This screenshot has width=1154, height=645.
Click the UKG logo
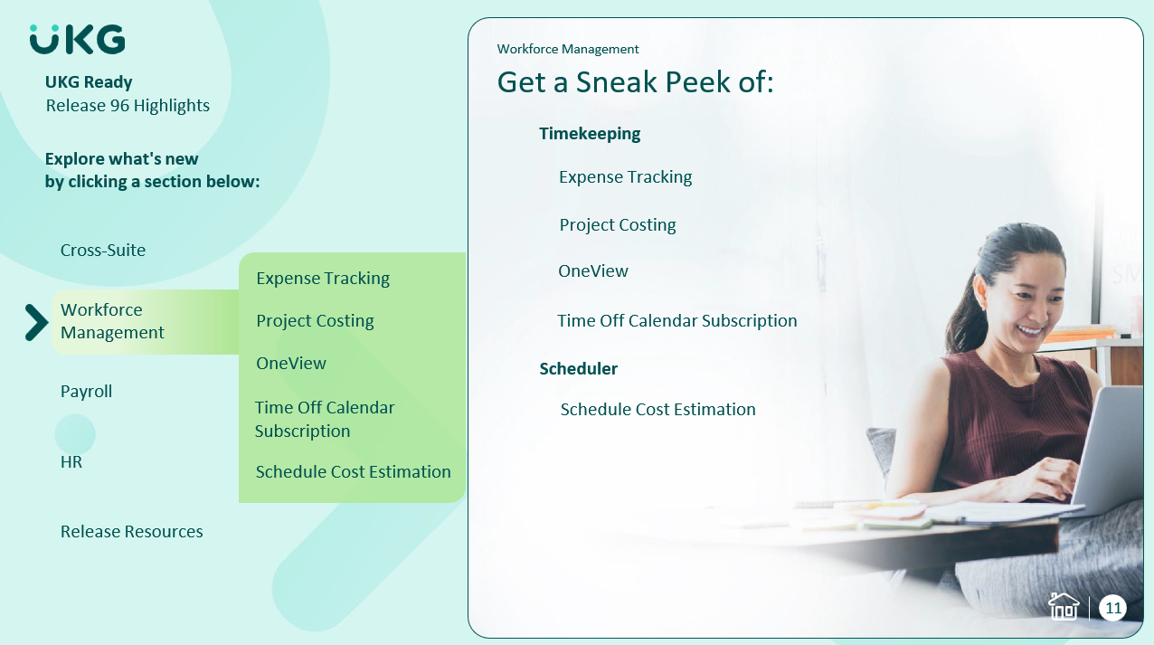tap(77, 39)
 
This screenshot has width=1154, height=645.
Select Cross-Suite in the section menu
tap(103, 250)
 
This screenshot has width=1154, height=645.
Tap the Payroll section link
tap(86, 392)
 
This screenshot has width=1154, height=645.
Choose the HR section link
tap(71, 461)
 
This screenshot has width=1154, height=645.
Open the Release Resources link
tap(131, 531)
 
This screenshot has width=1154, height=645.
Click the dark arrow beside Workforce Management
tap(36, 322)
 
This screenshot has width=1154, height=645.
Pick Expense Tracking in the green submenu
tap(323, 279)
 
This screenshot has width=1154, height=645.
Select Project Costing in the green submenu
tap(315, 320)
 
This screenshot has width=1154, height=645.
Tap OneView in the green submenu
tap(291, 363)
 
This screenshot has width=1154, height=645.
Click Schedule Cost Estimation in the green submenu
tap(354, 471)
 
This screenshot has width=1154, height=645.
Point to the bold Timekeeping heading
tap(590, 134)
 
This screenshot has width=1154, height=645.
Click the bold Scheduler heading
tap(579, 369)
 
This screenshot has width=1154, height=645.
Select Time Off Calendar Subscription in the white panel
tap(677, 320)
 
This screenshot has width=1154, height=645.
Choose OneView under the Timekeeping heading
tap(593, 271)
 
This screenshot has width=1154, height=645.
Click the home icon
tap(1064, 606)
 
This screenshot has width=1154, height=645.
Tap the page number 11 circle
tap(1112, 609)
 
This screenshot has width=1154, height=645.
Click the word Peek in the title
tap(697, 82)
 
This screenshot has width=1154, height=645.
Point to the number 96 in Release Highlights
tap(119, 106)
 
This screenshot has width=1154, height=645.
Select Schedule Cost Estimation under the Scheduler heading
tap(657, 409)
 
